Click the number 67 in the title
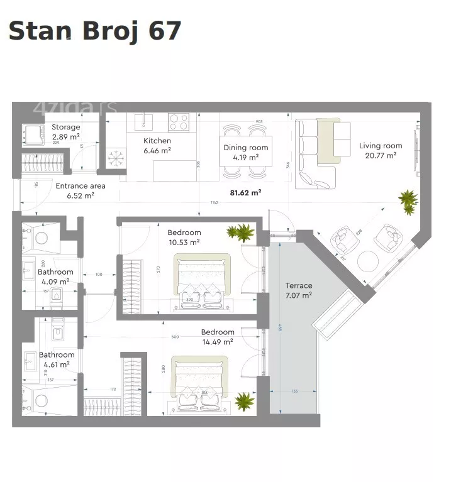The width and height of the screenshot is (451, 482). point(164,31)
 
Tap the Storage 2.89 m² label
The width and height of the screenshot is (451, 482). point(65,132)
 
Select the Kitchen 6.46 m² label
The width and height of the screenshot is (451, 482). point(157,146)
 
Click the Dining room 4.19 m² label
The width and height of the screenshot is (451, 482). point(245,153)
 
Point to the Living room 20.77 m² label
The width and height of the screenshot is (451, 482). point(380,150)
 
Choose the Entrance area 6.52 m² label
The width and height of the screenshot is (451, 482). point(81,190)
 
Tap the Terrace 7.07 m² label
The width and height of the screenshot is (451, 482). point(298,290)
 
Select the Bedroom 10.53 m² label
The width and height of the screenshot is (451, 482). point(184,237)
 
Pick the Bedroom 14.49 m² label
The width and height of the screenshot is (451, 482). point(217,337)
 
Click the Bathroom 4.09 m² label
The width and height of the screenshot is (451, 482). point(55,277)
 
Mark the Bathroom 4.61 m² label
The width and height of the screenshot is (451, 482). point(57,359)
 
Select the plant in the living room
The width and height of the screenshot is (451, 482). point(408,202)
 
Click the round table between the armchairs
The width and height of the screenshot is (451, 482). point(367,260)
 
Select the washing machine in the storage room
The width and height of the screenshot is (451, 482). point(31,134)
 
